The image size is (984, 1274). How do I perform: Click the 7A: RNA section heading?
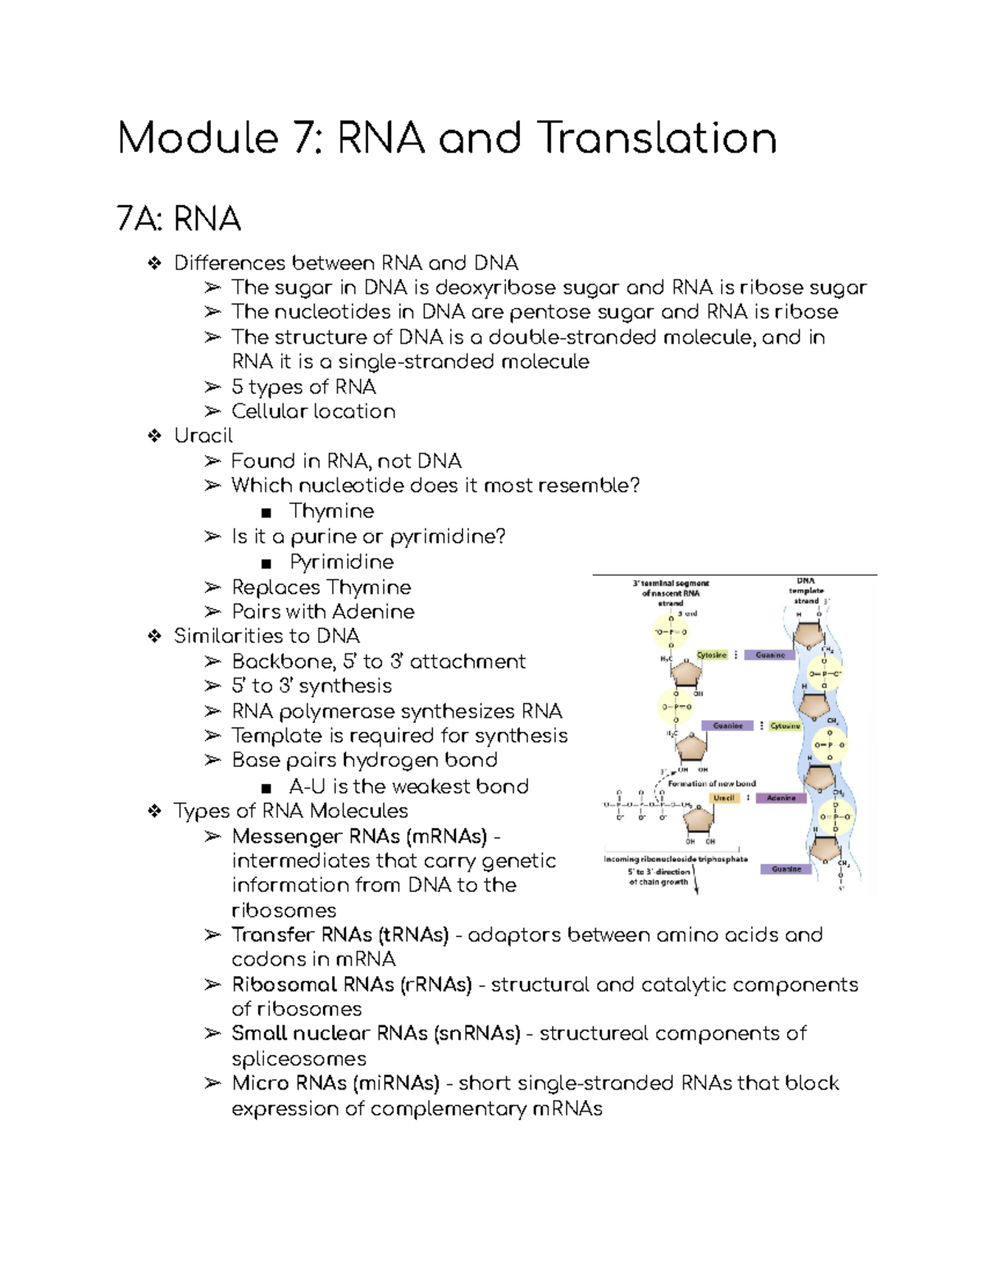click(179, 219)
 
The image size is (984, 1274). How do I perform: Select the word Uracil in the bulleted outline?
click(203, 436)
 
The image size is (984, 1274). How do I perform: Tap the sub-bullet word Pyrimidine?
click(341, 562)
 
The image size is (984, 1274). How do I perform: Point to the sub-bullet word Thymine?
click(331, 511)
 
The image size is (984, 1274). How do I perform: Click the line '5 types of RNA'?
click(303, 386)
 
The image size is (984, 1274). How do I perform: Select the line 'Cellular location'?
click(313, 411)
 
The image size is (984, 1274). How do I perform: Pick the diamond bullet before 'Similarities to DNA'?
click(154, 637)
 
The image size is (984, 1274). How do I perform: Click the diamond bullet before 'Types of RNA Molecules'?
click(154, 811)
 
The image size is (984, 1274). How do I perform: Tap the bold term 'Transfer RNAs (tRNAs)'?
click(339, 934)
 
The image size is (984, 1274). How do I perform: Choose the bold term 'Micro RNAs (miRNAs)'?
click(335, 1083)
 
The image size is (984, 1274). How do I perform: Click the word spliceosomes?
click(298, 1058)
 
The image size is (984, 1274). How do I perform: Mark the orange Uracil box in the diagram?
click(724, 797)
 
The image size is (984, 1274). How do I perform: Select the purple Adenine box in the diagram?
click(781, 797)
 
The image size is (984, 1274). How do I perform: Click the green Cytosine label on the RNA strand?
click(712, 655)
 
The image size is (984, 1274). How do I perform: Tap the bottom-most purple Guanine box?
click(786, 869)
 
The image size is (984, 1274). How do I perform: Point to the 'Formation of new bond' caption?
click(712, 783)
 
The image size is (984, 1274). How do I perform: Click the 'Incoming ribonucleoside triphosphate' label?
click(676, 859)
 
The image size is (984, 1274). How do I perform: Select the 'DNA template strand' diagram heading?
click(806, 591)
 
